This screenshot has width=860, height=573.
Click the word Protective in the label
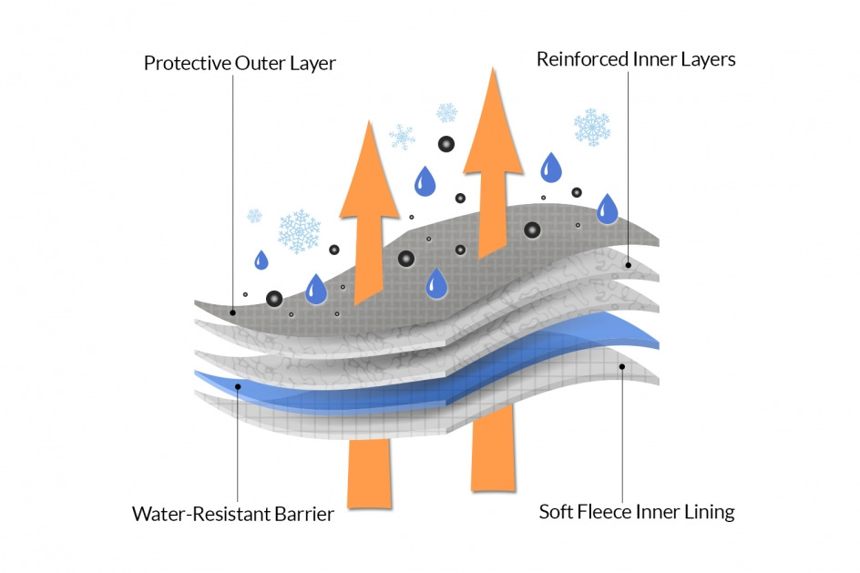(188, 63)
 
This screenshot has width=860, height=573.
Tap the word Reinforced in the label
(582, 58)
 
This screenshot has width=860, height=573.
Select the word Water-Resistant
(200, 514)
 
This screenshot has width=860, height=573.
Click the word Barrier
(304, 514)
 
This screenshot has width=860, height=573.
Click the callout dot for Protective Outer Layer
(232, 312)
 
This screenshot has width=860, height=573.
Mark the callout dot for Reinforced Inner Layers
(629, 265)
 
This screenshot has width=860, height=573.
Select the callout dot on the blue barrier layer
(238, 386)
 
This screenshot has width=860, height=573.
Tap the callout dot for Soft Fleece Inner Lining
(622, 366)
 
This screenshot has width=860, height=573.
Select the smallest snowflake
(254, 216)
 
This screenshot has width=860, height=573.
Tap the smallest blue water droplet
(261, 260)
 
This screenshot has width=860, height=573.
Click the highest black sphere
(445, 144)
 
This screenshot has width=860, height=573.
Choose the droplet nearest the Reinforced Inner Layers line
(607, 209)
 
